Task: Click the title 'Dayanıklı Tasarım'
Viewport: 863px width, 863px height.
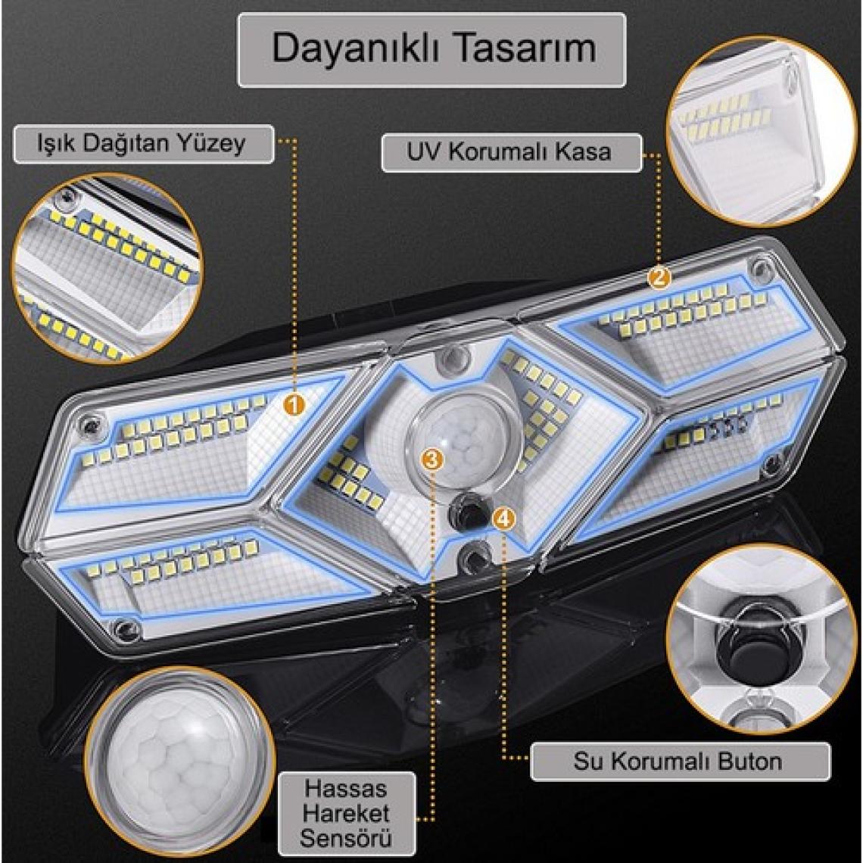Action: click(433, 48)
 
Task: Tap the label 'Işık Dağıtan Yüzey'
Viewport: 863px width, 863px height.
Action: click(142, 144)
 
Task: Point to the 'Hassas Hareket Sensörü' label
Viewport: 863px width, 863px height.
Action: click(346, 814)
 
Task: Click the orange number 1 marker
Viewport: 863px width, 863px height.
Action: click(294, 406)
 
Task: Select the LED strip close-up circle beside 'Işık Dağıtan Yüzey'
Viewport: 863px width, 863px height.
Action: click(107, 268)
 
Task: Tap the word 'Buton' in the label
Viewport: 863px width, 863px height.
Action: click(750, 761)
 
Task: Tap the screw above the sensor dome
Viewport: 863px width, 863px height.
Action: click(453, 359)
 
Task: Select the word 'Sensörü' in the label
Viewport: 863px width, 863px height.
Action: click(346, 838)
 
